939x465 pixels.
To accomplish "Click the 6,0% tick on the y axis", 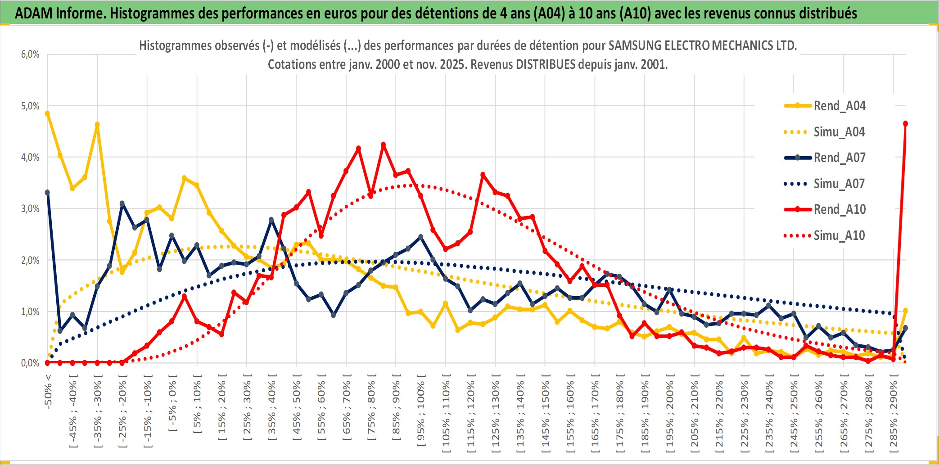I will coord(30,54).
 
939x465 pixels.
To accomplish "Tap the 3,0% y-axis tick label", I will coord(30,209).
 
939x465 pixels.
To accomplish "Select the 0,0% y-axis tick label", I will coord(30,363).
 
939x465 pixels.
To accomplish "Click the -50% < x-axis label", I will coord(48,392).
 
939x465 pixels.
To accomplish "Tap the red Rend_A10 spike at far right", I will coord(905,124).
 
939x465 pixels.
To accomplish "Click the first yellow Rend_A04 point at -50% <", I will coord(47,113).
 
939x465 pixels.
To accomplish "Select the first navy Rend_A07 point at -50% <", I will coord(47,193).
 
